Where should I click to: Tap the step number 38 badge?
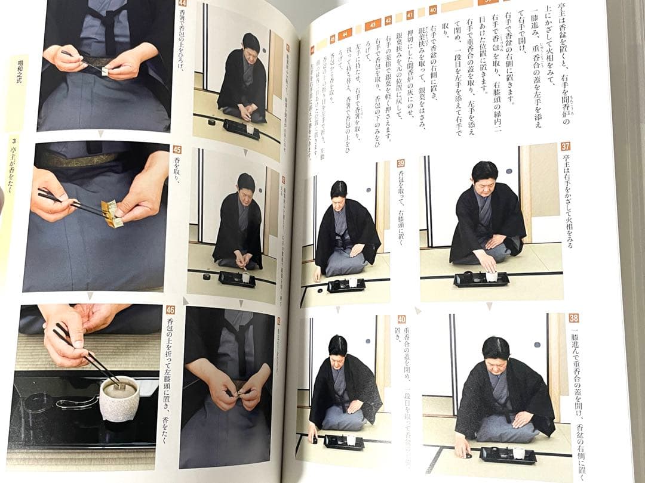[x=573, y=318]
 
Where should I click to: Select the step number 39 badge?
[x=401, y=163]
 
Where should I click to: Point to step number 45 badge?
[x=177, y=150]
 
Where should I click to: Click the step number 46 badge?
[x=171, y=309]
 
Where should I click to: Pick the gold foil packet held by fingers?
[x=112, y=213]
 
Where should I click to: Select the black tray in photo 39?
[x=346, y=285]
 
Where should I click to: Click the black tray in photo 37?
[x=481, y=279]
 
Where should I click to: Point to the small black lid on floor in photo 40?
[x=314, y=442]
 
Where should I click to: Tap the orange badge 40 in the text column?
[x=432, y=10]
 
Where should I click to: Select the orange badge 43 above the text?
[x=373, y=25]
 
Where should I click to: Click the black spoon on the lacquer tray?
[x=78, y=402]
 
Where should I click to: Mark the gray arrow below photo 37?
[x=489, y=306]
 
